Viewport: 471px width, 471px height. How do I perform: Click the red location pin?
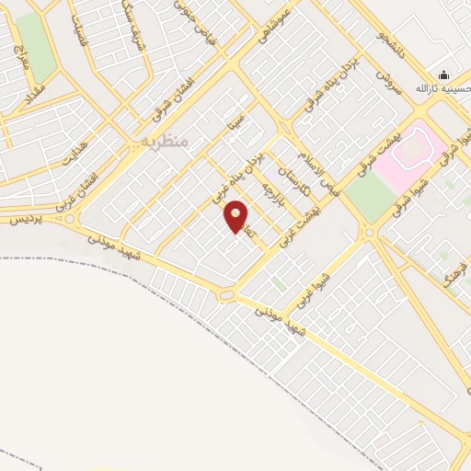coord(236,215)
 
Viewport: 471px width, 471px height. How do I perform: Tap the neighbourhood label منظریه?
coord(166,140)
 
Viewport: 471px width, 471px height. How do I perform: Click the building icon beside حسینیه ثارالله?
coord(444,75)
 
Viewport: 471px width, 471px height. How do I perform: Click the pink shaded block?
coord(412,153)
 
